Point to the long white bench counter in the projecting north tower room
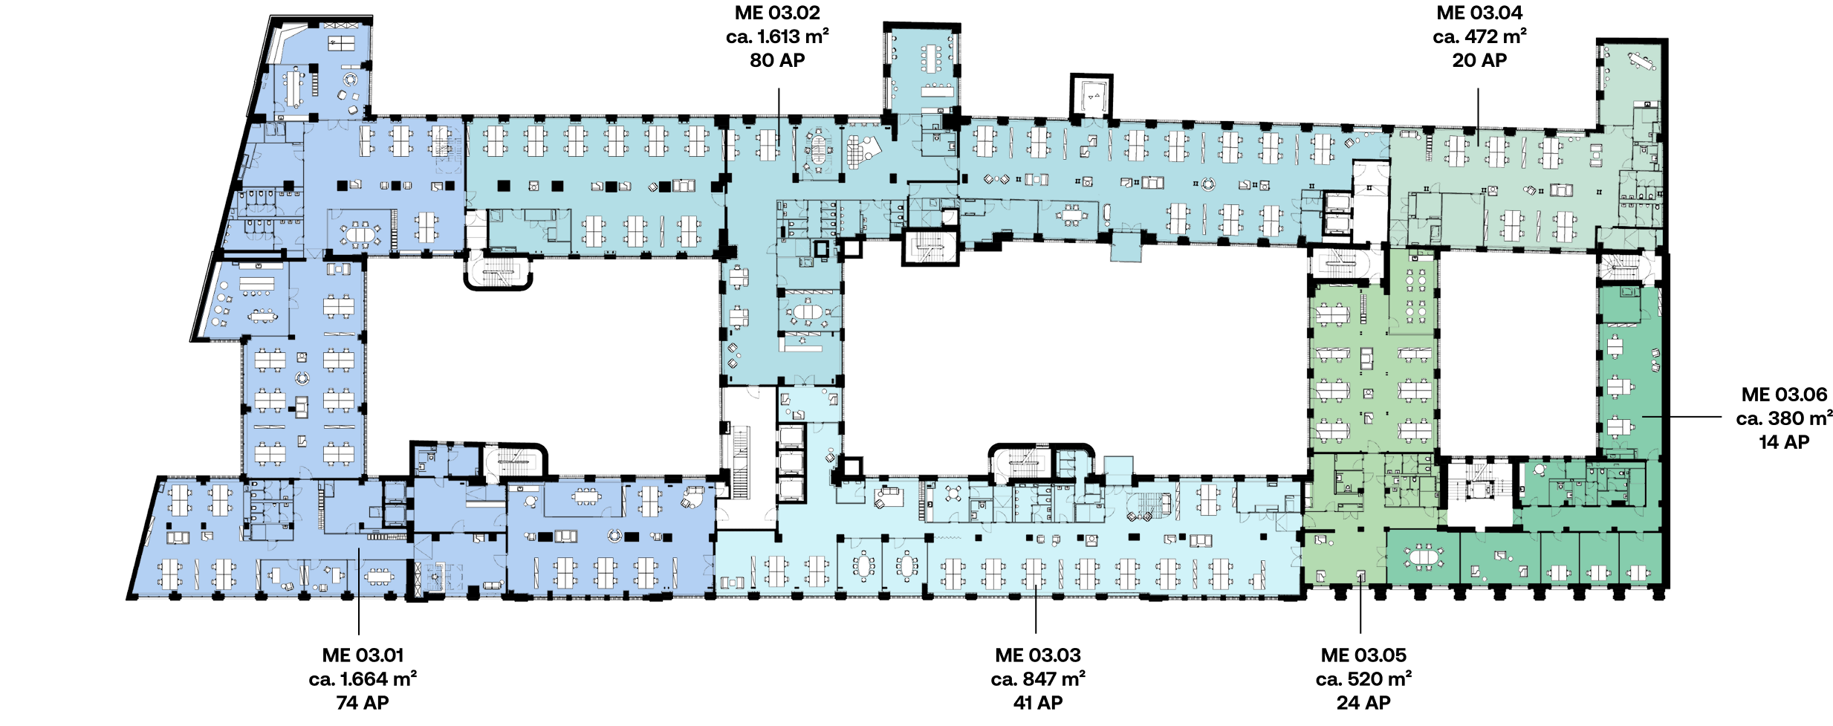coord(938,91)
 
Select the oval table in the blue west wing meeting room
coord(360,235)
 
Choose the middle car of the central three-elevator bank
coord(790,463)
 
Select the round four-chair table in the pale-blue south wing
coord(954,493)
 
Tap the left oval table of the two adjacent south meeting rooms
coord(863,566)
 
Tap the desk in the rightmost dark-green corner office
coord(1638,573)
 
